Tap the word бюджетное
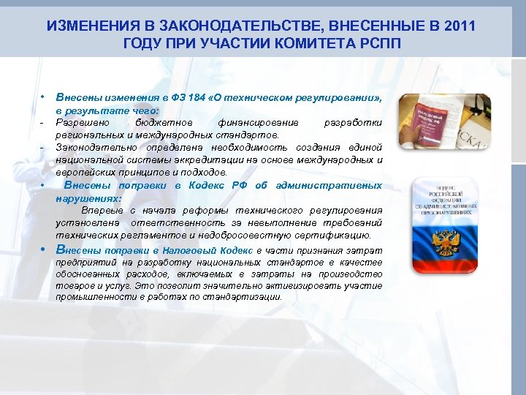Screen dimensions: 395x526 pos(164,123)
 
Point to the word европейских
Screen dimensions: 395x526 pos(83,173)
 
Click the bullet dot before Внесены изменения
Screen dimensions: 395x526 pos(44,97)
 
